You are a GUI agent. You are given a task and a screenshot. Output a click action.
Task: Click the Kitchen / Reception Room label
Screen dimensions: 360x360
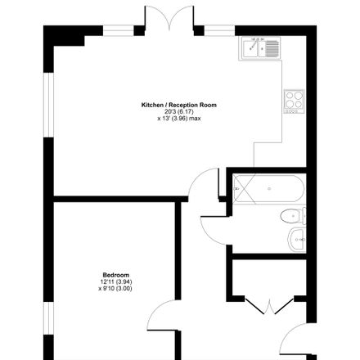click(x=179, y=105)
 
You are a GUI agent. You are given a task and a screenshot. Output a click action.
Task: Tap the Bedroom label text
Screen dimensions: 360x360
click(x=116, y=275)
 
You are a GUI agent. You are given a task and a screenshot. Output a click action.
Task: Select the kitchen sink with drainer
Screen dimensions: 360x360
click(x=259, y=48)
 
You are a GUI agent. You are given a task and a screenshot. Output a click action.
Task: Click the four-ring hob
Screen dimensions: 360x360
click(x=294, y=101)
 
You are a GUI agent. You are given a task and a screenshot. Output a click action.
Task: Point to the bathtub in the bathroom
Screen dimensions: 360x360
click(x=269, y=188)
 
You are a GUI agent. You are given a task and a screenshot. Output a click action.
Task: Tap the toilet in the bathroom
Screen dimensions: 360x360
click(x=293, y=216)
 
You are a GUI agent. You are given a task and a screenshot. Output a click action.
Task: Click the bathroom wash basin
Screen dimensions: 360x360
click(x=297, y=240)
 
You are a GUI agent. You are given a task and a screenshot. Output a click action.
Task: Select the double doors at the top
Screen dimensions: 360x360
click(x=169, y=17)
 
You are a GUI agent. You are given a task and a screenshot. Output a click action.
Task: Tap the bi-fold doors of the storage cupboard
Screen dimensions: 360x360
click(x=269, y=306)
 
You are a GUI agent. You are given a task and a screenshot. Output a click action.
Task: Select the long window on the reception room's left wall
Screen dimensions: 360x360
click(x=48, y=105)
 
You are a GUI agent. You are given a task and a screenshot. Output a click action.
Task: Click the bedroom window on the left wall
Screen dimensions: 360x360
click(x=48, y=318)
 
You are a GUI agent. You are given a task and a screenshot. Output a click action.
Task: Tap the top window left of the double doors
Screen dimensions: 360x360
click(x=119, y=31)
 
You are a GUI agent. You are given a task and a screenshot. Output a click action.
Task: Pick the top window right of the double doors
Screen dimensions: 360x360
click(x=219, y=31)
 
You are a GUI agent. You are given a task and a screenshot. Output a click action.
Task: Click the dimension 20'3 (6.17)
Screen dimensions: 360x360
click(x=179, y=112)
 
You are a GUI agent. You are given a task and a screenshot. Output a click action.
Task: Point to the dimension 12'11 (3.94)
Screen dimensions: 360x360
click(x=116, y=281)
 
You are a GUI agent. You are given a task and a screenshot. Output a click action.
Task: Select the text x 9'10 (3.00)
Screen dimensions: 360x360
click(x=115, y=289)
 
